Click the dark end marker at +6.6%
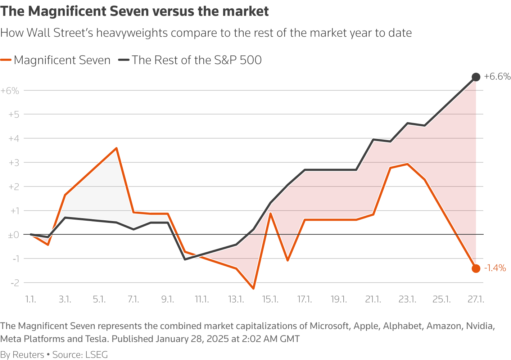coord(476,77)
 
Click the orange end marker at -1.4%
coord(476,269)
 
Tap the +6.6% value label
coord(497,76)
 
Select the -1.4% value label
coord(495,268)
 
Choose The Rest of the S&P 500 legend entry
coord(196,60)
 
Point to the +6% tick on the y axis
coord(10,91)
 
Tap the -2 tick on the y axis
coord(15,283)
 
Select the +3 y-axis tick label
coord(13,163)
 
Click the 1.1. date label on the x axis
coord(31,299)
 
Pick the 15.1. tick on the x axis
coord(270,299)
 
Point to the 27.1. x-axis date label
coord(476,299)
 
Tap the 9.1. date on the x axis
coord(168,299)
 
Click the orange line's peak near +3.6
coord(116,148)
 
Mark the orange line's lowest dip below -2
coord(253,288)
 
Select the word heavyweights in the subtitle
coord(132,33)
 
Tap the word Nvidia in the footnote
coord(480,326)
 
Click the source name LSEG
coord(96,355)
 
